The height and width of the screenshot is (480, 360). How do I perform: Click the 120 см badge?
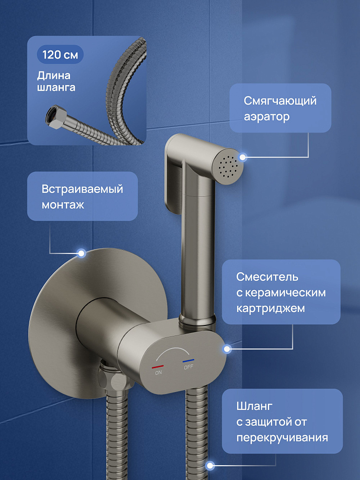click(60, 55)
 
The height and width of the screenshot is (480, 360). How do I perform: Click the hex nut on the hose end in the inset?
click(55, 117)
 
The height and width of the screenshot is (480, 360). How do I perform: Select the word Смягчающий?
click(280, 101)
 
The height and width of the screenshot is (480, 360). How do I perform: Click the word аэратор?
click(266, 117)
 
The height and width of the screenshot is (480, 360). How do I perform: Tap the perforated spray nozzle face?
click(227, 166)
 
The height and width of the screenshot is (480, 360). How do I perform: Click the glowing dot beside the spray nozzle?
click(243, 157)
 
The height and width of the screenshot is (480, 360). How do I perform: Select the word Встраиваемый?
click(82, 189)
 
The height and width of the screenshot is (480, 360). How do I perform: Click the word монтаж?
click(62, 205)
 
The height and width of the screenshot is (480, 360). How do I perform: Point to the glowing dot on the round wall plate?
click(82, 253)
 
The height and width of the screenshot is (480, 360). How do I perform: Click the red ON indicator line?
click(157, 366)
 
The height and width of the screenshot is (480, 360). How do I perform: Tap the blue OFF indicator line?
click(188, 360)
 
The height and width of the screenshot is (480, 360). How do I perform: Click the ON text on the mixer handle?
click(158, 372)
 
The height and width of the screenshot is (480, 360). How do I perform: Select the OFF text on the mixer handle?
click(189, 367)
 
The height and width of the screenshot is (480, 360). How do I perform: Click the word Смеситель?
click(267, 277)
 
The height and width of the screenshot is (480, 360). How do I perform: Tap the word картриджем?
click(270, 308)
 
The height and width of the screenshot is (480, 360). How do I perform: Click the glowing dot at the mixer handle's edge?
click(227, 348)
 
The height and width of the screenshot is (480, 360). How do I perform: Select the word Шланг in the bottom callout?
click(254, 406)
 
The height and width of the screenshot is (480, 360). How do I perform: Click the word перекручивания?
click(282, 437)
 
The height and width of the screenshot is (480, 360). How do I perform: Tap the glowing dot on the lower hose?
click(210, 466)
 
